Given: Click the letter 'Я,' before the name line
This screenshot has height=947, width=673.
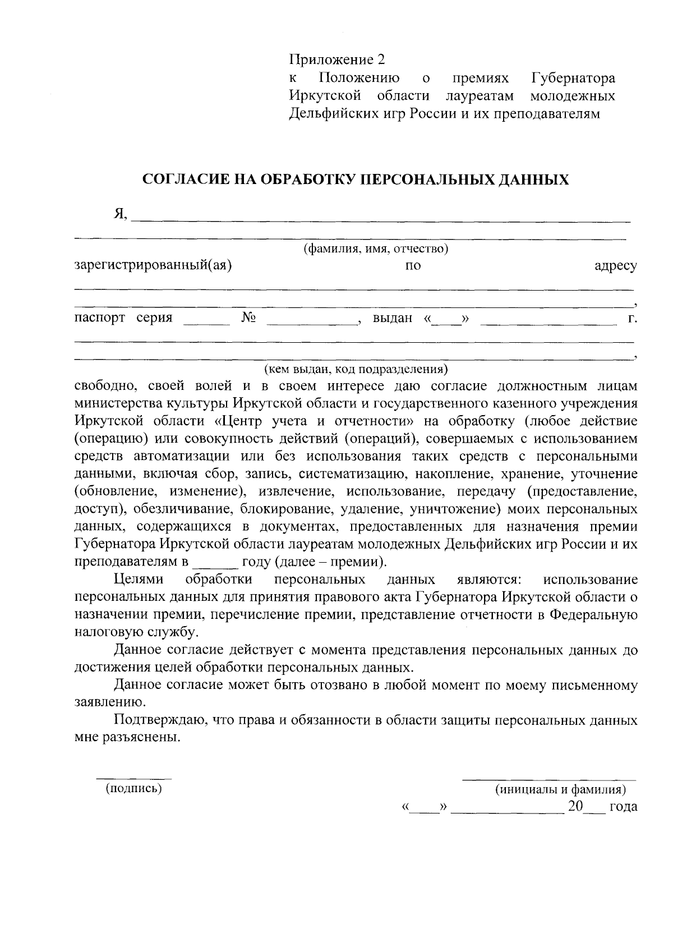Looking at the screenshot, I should [x=121, y=214].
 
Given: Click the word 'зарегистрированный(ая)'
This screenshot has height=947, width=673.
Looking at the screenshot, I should [x=153, y=265].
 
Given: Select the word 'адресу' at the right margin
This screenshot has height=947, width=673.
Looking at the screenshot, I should [x=615, y=266].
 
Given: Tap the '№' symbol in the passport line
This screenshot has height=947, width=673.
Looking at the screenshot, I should [x=249, y=318].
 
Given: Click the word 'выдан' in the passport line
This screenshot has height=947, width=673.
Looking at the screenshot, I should [x=393, y=319].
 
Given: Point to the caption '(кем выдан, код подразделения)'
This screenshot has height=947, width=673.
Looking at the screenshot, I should [x=356, y=369].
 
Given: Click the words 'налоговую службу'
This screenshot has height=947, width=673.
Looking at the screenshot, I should [x=136, y=632].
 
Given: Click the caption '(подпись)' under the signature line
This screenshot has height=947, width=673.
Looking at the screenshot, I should [x=133, y=789].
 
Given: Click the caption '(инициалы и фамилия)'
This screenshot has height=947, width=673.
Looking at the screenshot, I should [x=560, y=790].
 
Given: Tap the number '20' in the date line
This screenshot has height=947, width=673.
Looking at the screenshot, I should [x=575, y=807].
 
